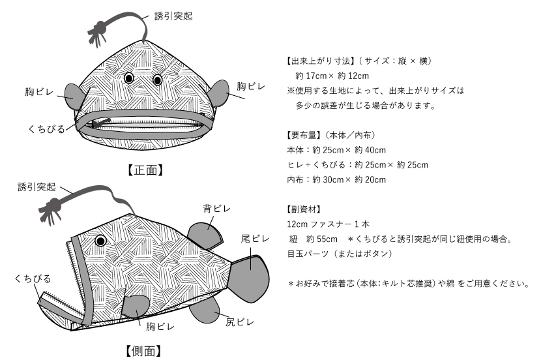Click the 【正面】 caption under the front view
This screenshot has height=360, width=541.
coord(145,170)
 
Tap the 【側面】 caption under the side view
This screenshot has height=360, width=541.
coord(143,351)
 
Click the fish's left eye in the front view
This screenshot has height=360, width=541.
coord(129,78)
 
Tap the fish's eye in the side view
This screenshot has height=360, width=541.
coord(101,241)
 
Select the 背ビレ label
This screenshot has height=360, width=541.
coord(216,209)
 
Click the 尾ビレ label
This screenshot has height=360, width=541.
coord(255,239)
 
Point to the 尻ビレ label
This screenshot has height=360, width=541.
coord(240,322)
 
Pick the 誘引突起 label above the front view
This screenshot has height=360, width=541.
coord(173,16)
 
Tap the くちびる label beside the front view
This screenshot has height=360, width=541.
coord(46,129)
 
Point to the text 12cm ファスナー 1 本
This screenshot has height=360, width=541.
coord(328,224)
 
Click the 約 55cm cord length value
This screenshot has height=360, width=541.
coord(322,239)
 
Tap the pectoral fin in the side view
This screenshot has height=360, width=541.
coord(136,306)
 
